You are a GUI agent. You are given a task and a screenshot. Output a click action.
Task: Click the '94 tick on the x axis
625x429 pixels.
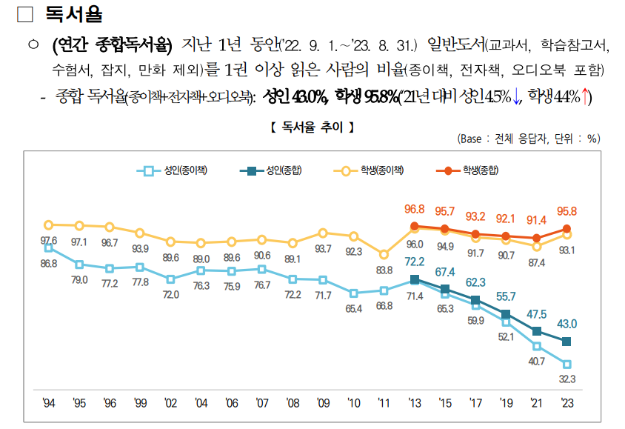point(49,402)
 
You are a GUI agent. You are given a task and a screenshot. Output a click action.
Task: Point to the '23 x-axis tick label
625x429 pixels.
point(567,402)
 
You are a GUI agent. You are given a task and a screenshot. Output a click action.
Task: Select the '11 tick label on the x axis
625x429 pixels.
point(384,402)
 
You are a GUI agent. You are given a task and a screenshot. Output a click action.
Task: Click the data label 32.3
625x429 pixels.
point(567,379)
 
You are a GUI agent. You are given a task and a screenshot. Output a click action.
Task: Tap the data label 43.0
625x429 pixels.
point(567,324)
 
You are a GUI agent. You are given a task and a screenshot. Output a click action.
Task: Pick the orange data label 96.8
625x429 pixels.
point(415,210)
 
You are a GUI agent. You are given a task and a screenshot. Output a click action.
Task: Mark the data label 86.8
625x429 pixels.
point(49,263)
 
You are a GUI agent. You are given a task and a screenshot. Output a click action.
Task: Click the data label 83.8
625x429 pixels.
point(384,270)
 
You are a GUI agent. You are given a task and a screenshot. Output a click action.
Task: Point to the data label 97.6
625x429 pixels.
point(49,241)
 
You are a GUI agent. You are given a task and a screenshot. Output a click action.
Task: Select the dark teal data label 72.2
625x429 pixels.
point(415,262)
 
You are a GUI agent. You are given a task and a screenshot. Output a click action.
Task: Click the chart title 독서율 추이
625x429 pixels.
point(312,127)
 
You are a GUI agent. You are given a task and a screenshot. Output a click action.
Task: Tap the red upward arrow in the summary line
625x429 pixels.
point(586,97)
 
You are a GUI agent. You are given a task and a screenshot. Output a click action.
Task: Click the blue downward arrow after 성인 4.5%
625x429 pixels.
point(516,97)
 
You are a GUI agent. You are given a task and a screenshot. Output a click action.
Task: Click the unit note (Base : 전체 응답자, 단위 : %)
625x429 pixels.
point(529,139)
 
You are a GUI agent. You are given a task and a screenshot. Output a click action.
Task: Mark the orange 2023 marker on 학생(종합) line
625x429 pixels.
point(567,229)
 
